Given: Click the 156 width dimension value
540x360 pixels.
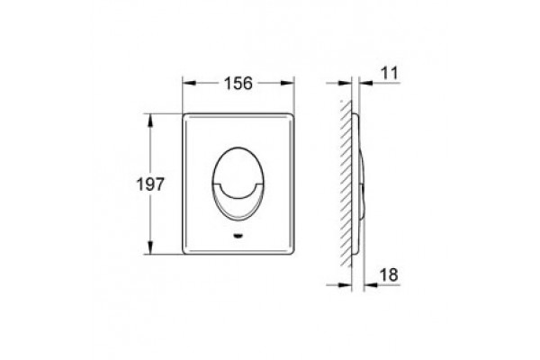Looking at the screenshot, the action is [238, 84].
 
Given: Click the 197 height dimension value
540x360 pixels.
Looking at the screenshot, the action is [150, 184].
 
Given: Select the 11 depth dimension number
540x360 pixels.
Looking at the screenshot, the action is [390, 73].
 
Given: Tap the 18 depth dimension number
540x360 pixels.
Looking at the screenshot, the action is [389, 274].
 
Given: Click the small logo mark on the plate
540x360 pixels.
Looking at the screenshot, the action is [238, 236].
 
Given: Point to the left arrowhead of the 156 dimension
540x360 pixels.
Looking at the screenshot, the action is [189, 83].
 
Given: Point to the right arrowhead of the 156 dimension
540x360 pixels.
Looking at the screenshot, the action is [287, 83].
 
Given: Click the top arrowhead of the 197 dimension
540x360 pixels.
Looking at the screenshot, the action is [150, 121].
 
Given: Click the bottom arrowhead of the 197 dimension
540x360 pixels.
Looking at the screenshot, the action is [150, 247].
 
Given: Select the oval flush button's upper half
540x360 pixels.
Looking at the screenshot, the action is [238, 165].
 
